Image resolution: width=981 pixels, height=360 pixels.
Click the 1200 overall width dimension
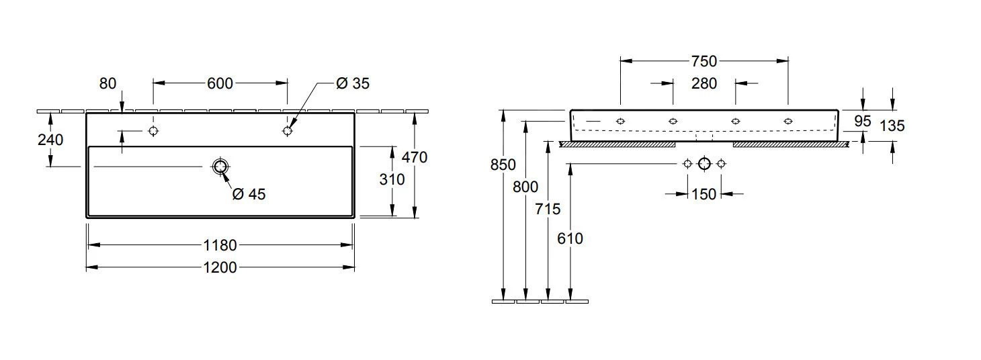point(220,267)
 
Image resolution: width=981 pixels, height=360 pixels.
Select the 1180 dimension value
point(220,245)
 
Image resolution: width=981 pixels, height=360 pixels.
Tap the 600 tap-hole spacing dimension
point(220,83)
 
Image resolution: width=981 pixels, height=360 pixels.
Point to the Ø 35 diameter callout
point(353,83)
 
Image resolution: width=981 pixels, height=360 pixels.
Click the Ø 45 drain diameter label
point(249,194)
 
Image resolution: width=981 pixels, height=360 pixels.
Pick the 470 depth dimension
point(415,157)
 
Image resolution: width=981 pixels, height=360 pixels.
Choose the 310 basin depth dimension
point(392,179)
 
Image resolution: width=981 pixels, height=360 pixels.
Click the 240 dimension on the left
point(51,140)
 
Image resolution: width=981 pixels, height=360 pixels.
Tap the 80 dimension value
point(108,83)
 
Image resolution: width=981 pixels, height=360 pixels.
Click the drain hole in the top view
point(220,167)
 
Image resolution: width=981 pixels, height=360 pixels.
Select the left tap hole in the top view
point(153,130)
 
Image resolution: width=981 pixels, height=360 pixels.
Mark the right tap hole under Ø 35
point(288,130)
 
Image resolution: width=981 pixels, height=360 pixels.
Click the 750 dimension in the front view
point(704,61)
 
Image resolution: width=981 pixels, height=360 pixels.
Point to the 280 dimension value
point(704,83)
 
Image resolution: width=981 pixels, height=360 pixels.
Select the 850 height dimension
point(503,165)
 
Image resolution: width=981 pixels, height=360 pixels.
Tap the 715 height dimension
point(548,209)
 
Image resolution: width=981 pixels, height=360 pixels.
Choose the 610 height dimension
point(570,238)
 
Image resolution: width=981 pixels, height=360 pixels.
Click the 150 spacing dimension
point(704,194)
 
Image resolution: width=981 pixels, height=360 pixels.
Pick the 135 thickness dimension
point(892,126)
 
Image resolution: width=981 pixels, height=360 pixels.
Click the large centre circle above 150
point(704,163)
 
